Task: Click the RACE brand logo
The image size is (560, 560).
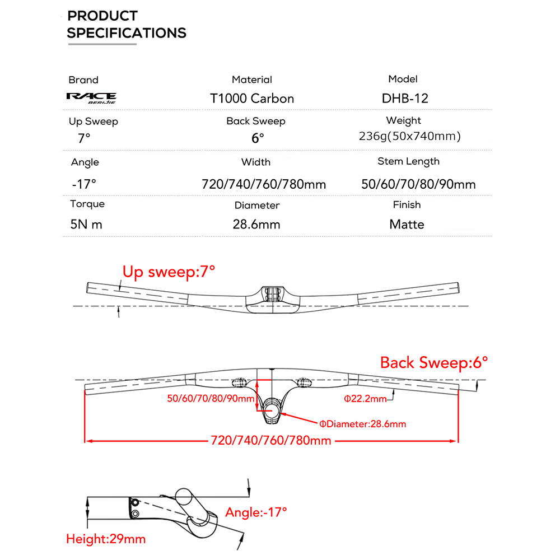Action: pyautogui.click(x=91, y=98)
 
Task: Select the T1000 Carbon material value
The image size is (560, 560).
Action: pyautogui.click(x=252, y=99)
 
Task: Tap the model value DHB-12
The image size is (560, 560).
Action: pyautogui.click(x=405, y=98)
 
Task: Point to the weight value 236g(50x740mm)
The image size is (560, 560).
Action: pyautogui.click(x=410, y=136)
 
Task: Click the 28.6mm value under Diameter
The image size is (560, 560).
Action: pyautogui.click(x=256, y=225)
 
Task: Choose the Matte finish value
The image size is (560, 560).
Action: pyautogui.click(x=407, y=225)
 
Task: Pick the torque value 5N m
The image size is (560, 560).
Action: pyautogui.click(x=86, y=225)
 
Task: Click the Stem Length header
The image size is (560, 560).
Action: pyautogui.click(x=408, y=161)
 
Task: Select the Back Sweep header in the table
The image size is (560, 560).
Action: pyautogui.click(x=256, y=121)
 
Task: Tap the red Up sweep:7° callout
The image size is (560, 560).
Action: pyautogui.click(x=169, y=272)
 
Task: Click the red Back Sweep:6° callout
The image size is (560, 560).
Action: pyautogui.click(x=434, y=363)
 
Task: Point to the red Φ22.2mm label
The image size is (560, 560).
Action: pyautogui.click(x=365, y=399)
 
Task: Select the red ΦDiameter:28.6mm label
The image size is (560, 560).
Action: pyautogui.click(x=362, y=424)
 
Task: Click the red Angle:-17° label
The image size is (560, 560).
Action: pyautogui.click(x=256, y=512)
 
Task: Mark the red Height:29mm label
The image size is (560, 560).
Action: pyautogui.click(x=106, y=539)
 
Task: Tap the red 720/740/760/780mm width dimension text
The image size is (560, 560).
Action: pyautogui.click(x=271, y=440)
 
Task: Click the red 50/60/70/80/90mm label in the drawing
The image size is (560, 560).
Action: pyautogui.click(x=211, y=399)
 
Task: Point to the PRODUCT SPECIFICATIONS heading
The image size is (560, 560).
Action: pyautogui.click(x=127, y=24)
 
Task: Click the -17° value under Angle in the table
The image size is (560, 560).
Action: pyautogui.click(x=84, y=184)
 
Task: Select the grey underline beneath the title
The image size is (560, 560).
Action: pyautogui.click(x=102, y=44)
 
